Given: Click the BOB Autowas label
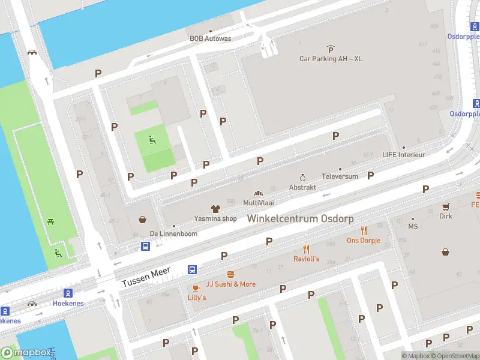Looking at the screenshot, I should [210, 38].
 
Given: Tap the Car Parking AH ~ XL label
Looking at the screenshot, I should [331, 59].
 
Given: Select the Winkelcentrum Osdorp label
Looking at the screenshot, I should [301, 218].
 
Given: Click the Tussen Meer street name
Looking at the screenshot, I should [147, 277].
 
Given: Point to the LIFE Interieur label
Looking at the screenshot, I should [404, 155].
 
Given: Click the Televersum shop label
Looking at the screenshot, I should [340, 176].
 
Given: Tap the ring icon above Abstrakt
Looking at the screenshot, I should [302, 177].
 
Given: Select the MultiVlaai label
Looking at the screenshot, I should [259, 203].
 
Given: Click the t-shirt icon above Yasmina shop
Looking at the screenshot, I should [215, 208].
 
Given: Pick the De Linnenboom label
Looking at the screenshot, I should [173, 233].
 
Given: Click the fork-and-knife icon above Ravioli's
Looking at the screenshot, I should [306, 249].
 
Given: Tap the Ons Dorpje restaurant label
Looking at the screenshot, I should [364, 241].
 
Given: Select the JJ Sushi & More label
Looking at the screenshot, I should [231, 284].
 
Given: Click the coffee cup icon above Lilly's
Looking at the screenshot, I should [196, 288].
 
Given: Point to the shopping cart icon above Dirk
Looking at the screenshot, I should [446, 206].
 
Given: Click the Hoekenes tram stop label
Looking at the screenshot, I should [68, 304].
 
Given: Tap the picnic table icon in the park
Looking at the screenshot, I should [51, 221].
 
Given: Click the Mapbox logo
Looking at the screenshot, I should [26, 352].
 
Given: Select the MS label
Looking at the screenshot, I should [413, 227].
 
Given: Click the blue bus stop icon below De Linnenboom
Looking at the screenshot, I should [146, 246].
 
